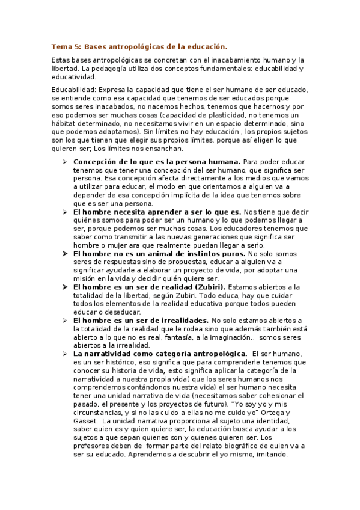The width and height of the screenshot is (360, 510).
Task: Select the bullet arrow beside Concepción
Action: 64,162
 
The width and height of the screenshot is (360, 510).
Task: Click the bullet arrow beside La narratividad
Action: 64,354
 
